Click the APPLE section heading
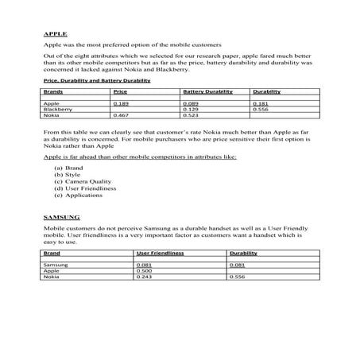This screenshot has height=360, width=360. click(x=55, y=35)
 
